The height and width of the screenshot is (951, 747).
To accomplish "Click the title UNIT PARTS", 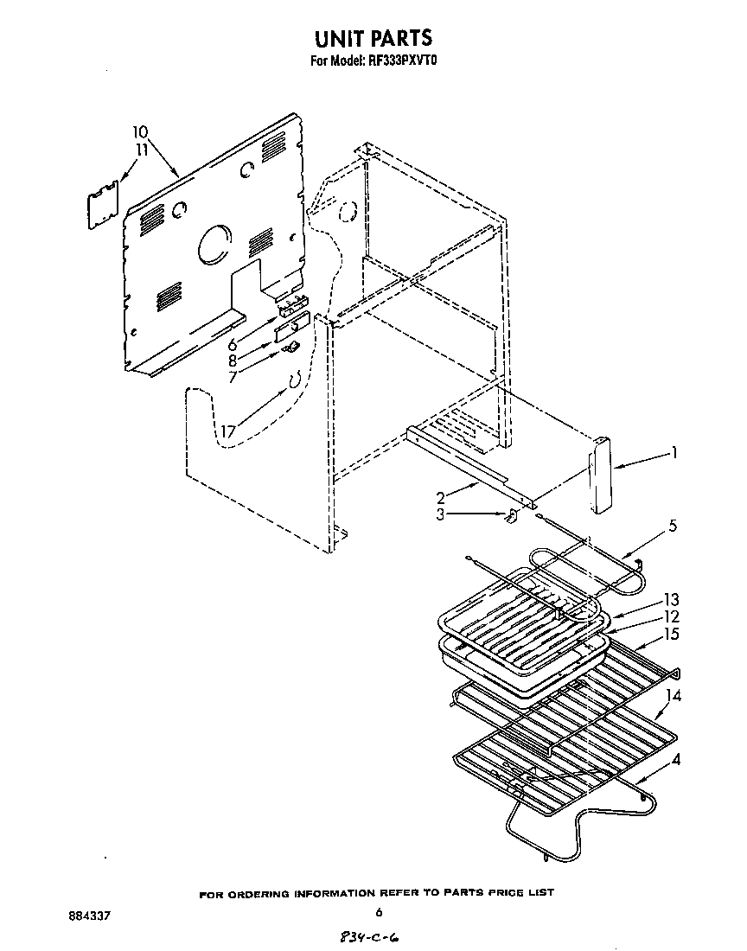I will click(373, 38).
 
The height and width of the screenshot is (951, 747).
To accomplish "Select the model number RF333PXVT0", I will click(403, 61).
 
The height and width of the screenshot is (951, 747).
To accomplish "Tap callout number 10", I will click(140, 132).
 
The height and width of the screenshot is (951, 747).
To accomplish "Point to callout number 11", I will click(141, 150).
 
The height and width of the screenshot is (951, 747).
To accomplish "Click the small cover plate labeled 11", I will click(104, 204).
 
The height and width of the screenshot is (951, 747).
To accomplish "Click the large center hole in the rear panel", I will click(214, 246).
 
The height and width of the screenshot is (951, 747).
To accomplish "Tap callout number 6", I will click(233, 344).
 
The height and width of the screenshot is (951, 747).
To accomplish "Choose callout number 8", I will click(233, 361).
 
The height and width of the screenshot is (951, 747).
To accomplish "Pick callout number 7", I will click(233, 378).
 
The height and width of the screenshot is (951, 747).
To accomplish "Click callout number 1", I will click(674, 451).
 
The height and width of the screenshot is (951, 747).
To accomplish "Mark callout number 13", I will click(671, 600).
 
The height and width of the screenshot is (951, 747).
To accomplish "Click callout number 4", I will click(674, 761).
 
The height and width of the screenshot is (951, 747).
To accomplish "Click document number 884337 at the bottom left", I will click(90, 914).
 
